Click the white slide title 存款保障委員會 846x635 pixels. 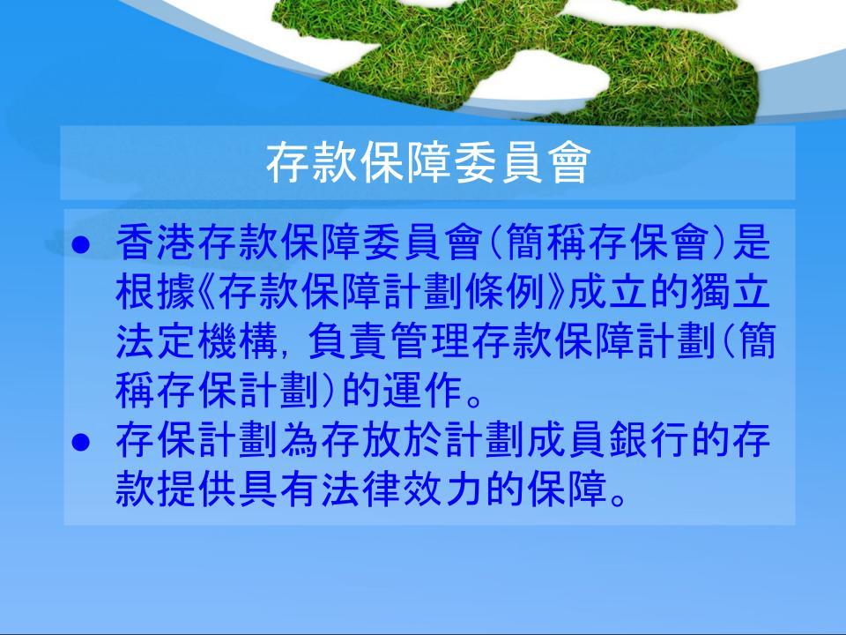point(428,163)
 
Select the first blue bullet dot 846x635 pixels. point(80,244)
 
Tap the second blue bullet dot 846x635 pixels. point(80,442)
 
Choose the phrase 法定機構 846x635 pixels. point(197,341)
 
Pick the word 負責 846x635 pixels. point(348,341)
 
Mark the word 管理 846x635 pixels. point(431,341)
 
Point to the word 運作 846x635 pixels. point(424,391)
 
